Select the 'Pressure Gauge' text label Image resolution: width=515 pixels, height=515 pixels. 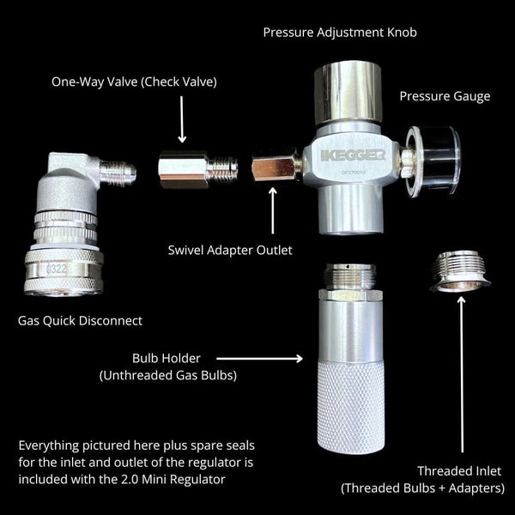click(x=445, y=95)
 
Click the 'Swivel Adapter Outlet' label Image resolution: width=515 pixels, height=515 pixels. click(x=230, y=251)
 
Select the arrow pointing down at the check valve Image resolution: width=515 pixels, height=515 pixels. click(x=181, y=120)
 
